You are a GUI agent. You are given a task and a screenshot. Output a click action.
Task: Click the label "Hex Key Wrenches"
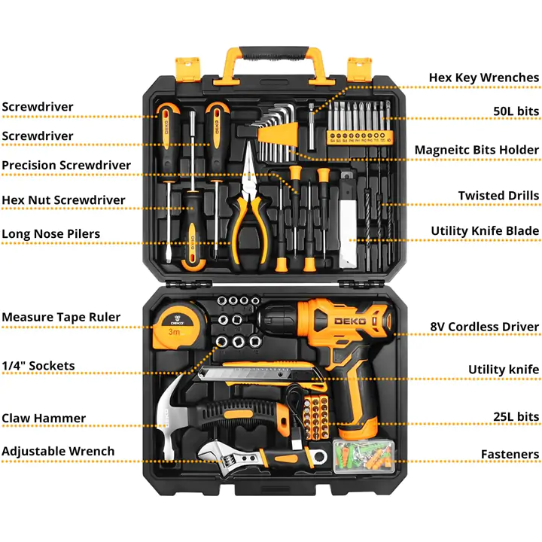pos(483,78)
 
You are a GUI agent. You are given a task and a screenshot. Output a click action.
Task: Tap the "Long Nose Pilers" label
pos(50,234)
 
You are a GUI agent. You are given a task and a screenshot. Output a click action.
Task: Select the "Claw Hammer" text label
pos(44,419)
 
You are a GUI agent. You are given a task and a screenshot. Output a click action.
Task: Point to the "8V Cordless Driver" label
pos(484,327)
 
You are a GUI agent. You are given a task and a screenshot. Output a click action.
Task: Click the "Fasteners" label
pos(510,455)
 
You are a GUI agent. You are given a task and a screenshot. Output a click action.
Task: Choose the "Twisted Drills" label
pos(498,196)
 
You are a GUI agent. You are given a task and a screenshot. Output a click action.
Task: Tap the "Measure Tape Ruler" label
pos(61,317)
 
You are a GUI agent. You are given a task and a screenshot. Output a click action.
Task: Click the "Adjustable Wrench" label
pos(58,452)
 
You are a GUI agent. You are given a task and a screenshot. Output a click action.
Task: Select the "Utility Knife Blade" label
pos(485,231)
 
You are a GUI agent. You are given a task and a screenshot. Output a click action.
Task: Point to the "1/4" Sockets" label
pos(38,366)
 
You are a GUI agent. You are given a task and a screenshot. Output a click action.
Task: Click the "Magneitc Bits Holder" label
pos(477,151)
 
